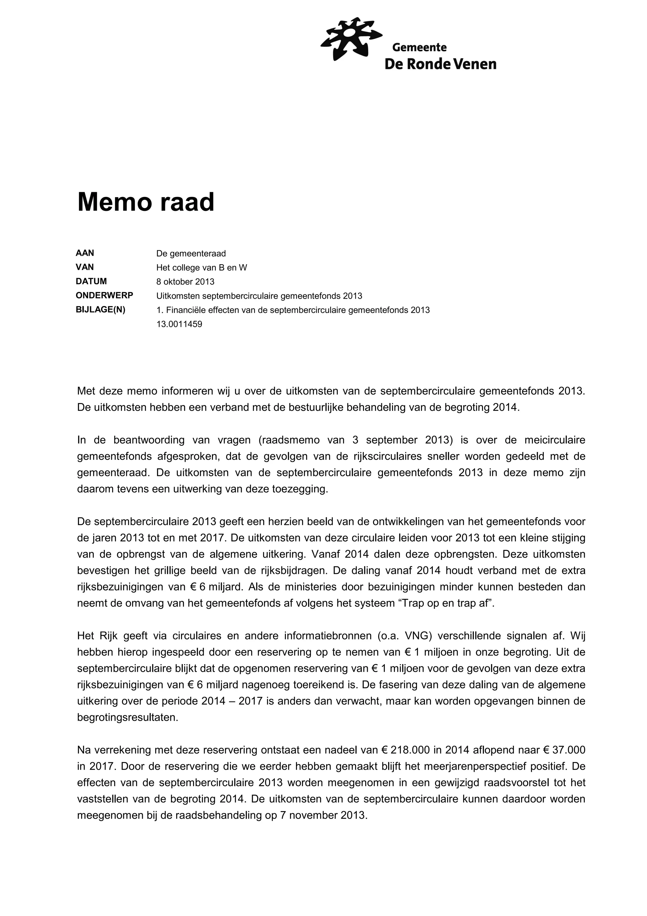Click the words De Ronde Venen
[x=440, y=64]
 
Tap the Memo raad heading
[x=146, y=202]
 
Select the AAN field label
[x=85, y=253]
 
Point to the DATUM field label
[x=91, y=281]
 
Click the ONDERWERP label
[x=105, y=296]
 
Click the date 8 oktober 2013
[x=185, y=282]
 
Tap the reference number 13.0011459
[x=179, y=324]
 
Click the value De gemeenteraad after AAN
[x=191, y=253]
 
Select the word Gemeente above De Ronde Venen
[x=419, y=47]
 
